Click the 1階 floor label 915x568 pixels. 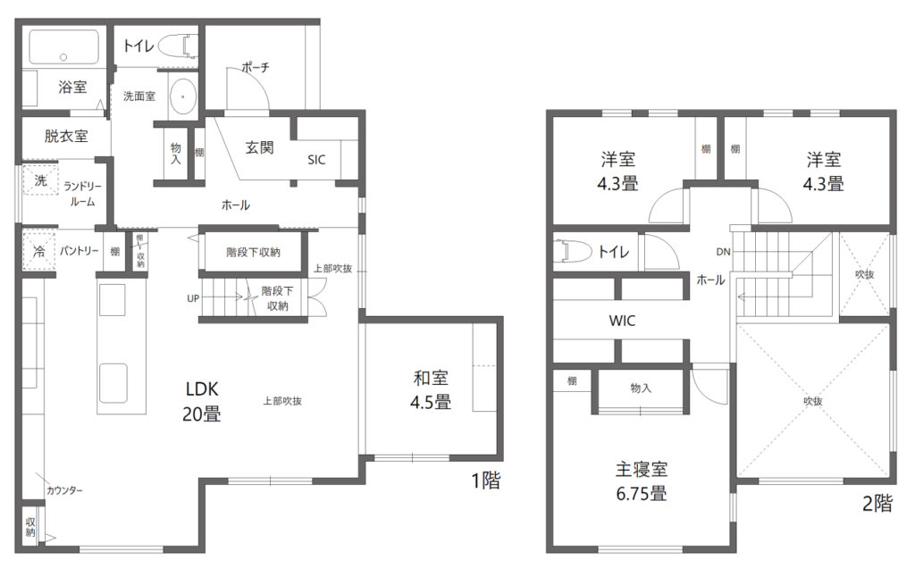485,480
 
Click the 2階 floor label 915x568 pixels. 877,503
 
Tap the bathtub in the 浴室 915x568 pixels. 63,46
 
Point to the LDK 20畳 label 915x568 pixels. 201,401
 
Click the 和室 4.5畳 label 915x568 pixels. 431,390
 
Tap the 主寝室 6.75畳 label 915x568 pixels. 642,481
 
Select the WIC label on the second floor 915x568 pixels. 622,320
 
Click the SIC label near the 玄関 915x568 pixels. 316,160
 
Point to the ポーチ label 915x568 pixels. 256,67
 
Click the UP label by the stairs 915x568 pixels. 193,298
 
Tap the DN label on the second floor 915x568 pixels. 723,252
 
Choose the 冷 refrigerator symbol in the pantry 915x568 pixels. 39,252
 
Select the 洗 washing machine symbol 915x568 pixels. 40,180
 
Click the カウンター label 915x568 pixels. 64,490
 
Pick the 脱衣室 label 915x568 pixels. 66,137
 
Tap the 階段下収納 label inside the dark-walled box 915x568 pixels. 253,253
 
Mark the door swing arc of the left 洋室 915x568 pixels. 659,198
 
